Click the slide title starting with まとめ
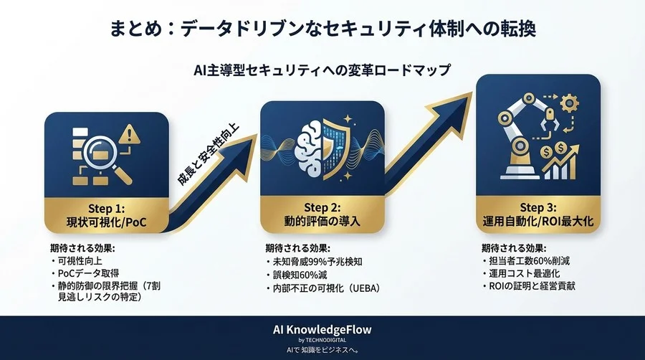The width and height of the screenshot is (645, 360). click(322, 29)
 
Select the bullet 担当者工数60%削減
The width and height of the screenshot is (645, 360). click(528, 260)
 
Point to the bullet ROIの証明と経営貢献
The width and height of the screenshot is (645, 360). click(531, 288)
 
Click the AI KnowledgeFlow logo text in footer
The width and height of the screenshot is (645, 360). click(322, 329)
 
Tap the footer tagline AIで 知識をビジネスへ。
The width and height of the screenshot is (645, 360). click(322, 350)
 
